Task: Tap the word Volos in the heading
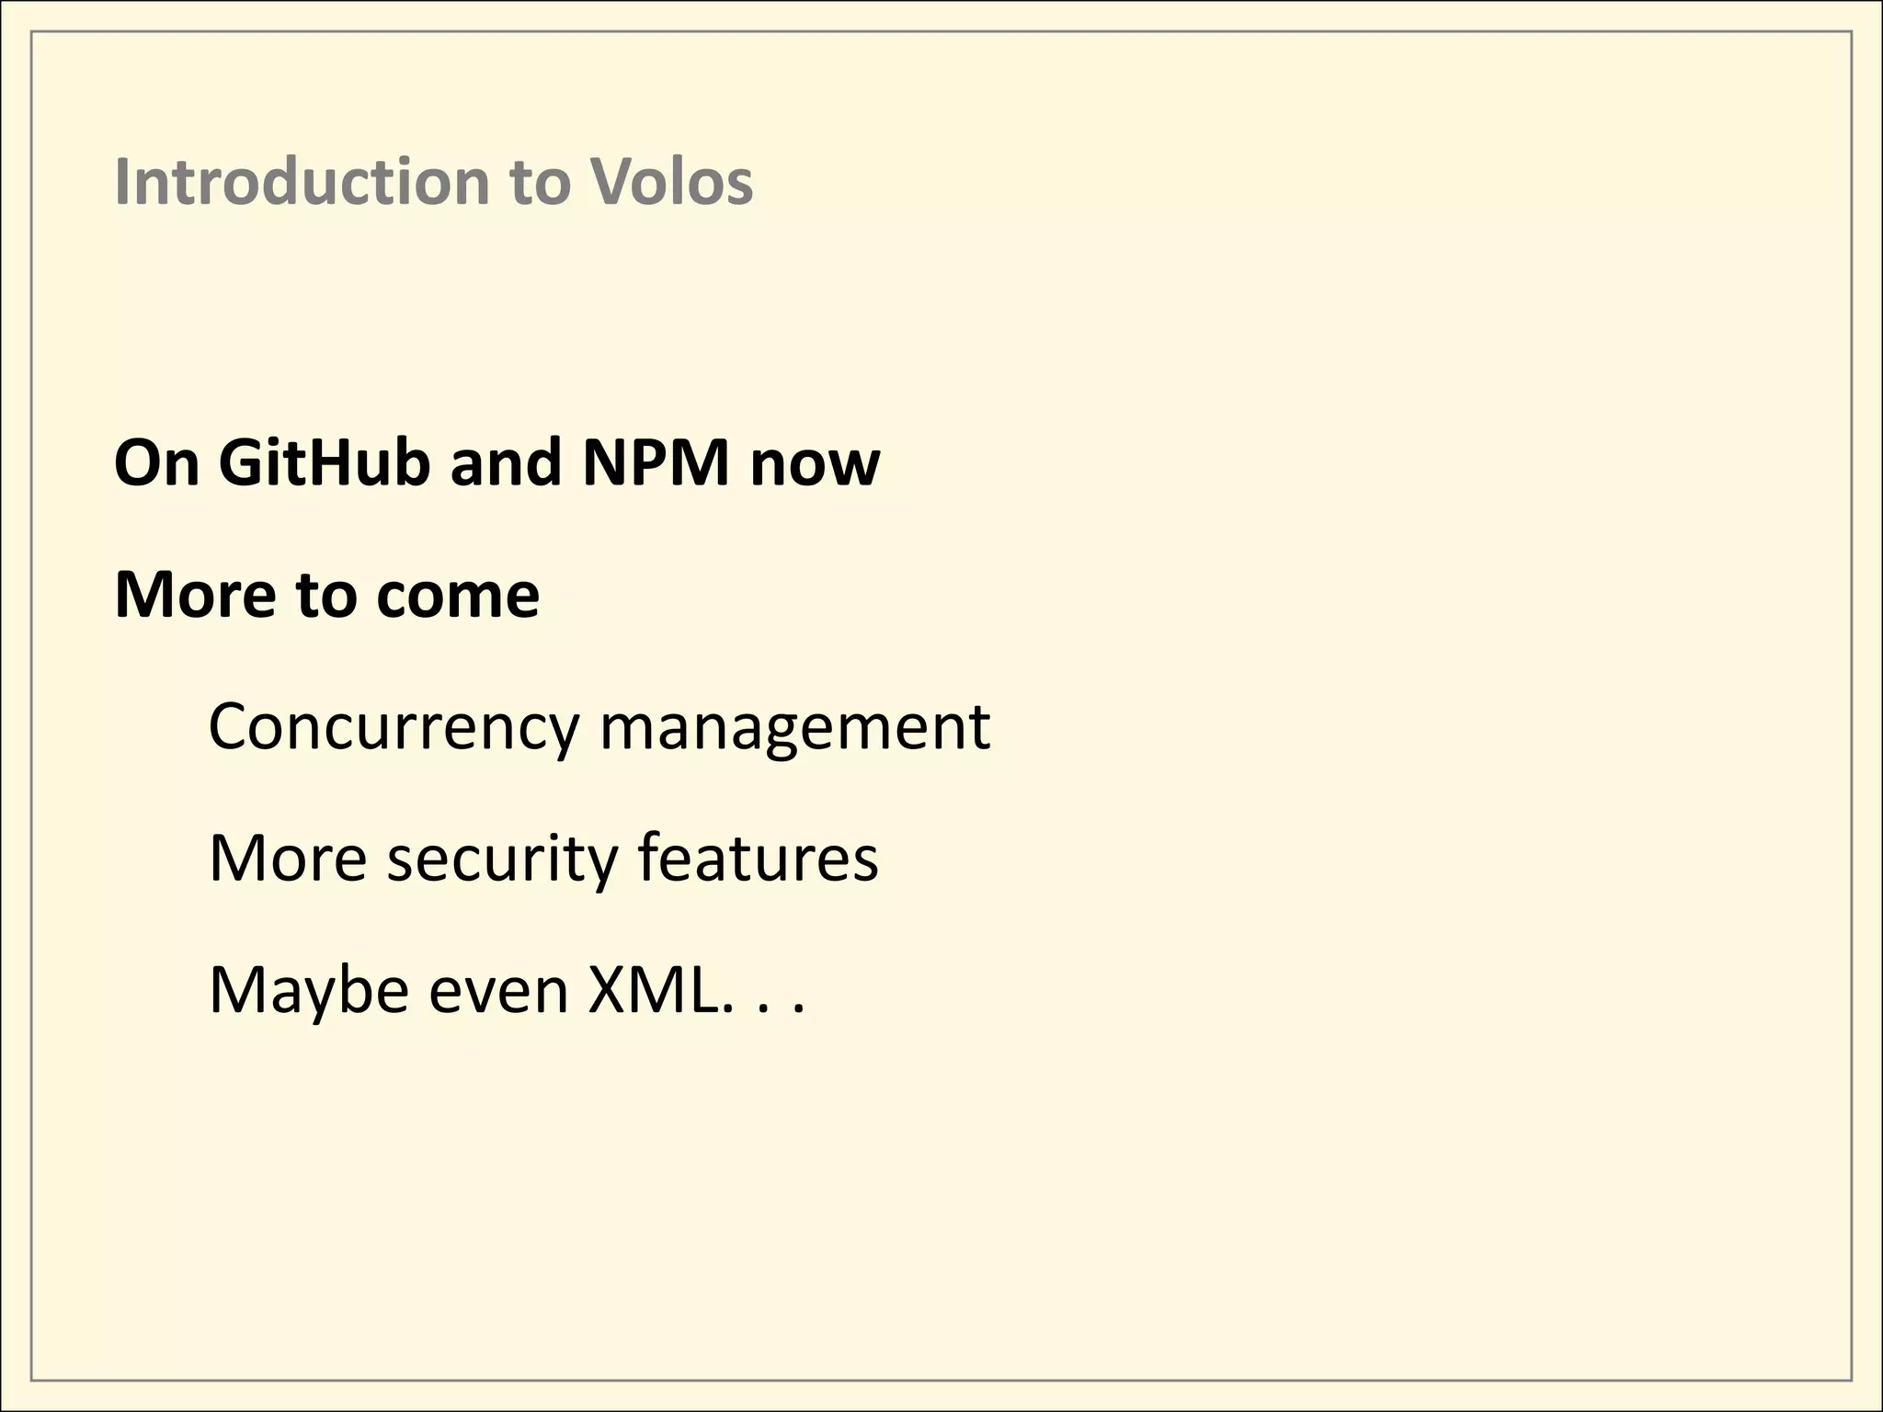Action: tap(670, 181)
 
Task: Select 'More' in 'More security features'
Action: tap(288, 858)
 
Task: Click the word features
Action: tap(758, 858)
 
